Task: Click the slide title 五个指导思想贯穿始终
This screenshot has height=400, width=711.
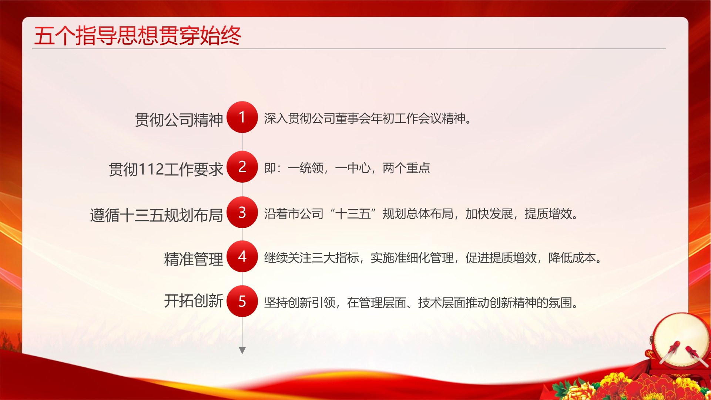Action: pos(137,36)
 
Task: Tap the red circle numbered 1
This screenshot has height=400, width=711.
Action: pos(242,117)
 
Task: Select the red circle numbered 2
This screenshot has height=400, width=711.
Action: pos(242,167)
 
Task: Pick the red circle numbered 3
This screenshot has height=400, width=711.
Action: pos(242,212)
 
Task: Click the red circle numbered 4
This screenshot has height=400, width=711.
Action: pos(242,256)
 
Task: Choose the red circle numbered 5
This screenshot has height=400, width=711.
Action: pos(242,301)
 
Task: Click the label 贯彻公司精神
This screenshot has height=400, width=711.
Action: pos(179,120)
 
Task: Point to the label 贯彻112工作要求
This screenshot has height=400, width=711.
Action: pos(166,169)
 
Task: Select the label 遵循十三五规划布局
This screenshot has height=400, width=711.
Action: pos(157,215)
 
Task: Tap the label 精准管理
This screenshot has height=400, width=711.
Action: pos(194,259)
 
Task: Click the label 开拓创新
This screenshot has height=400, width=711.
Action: pos(194,301)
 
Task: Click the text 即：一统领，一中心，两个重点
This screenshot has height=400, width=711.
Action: pos(347,168)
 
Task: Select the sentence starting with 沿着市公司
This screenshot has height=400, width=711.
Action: pos(421,214)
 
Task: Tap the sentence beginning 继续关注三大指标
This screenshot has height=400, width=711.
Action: pos(433,258)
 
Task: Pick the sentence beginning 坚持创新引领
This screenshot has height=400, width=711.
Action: pos(421,303)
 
